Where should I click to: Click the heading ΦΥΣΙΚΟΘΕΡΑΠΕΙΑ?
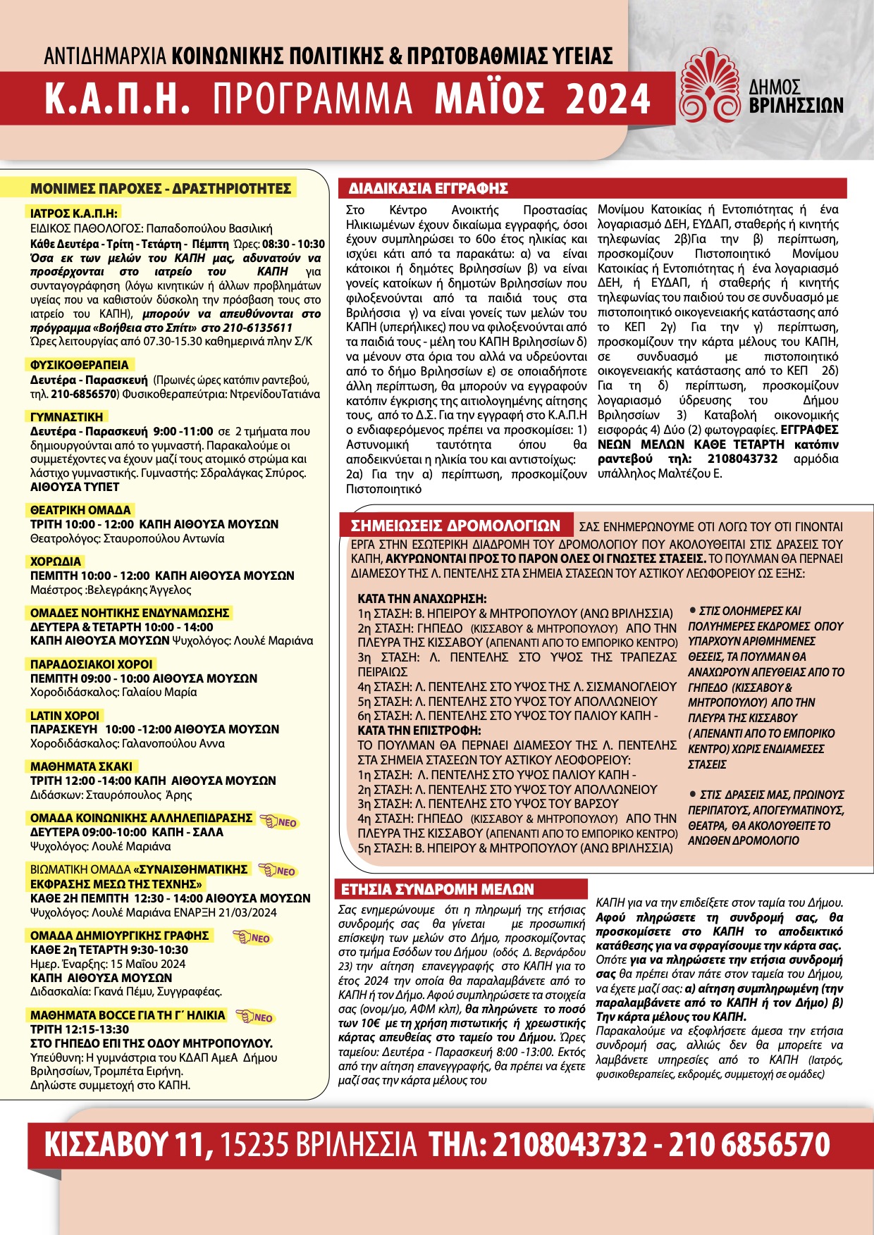point(80,365)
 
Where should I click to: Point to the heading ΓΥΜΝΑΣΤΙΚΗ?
point(67,416)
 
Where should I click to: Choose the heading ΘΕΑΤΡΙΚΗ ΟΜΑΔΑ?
point(80,509)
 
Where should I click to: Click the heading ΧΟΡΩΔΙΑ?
point(56,561)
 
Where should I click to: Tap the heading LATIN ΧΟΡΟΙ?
point(66,715)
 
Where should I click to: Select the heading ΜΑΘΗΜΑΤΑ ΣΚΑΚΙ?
point(81,767)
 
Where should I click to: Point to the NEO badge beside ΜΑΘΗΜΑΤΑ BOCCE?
point(254,1017)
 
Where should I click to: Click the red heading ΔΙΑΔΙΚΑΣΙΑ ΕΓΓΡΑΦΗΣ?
point(429,188)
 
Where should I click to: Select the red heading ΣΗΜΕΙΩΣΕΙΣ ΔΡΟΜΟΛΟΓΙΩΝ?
point(455,526)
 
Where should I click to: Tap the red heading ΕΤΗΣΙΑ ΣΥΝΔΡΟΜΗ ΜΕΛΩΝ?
point(438,889)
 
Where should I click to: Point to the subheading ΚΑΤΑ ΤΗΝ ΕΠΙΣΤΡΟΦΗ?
point(419,731)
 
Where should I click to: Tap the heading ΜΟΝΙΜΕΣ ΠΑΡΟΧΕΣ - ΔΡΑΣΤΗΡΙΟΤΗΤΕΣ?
point(161,188)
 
